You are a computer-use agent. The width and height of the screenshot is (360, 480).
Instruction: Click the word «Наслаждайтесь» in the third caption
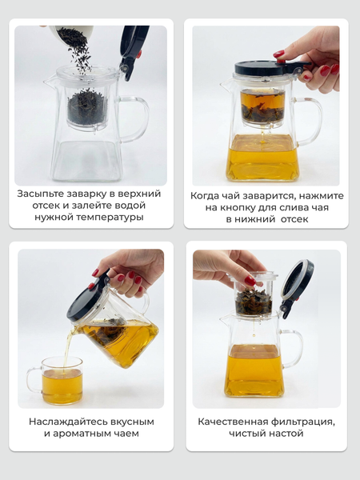coord(69,422)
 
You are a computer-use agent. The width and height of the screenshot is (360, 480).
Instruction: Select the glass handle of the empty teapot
coord(135,119)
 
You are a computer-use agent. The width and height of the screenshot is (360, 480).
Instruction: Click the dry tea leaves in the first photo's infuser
coord(86,108)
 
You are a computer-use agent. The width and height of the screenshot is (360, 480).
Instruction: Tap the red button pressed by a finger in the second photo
coord(279,60)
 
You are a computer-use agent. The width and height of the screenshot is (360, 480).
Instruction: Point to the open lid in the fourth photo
coord(296,288)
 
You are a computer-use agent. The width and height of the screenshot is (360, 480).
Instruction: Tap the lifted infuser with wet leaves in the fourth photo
coord(254,294)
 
